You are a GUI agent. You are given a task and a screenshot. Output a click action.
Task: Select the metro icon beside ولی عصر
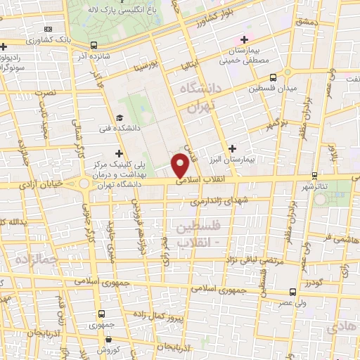pos(291,291)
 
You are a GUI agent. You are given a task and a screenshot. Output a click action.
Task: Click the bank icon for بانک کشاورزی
pos(48,29)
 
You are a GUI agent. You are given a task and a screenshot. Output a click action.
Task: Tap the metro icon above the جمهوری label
pos(103,314)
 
